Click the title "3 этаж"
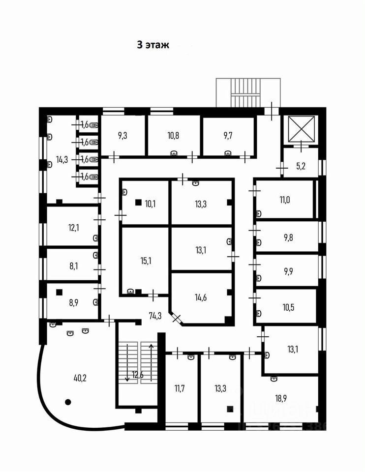153,45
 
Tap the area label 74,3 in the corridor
155,315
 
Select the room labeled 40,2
81,378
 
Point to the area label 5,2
301,166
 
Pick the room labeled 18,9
281,398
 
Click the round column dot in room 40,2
68,402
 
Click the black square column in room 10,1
138,202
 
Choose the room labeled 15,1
146,261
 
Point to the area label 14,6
201,296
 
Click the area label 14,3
62,159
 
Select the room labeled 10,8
174,134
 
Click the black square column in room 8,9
60,292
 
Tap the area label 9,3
124,134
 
